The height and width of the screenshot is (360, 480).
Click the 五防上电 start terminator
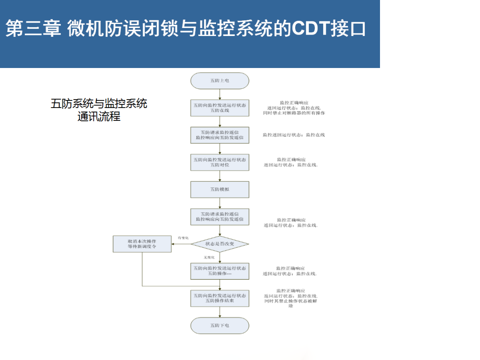point(220,81)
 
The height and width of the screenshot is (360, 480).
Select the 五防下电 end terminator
point(220,325)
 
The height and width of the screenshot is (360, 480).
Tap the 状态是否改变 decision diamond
point(220,244)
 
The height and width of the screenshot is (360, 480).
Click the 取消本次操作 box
point(142,244)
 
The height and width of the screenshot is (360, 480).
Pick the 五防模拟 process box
point(220,189)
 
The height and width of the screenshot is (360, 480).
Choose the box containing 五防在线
point(220,108)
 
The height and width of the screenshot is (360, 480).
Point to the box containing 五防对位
point(220,162)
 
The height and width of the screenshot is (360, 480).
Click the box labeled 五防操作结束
point(220,298)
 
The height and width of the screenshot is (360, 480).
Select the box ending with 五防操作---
point(220,271)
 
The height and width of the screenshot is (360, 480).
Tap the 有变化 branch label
point(183,238)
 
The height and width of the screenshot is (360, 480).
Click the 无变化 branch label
point(209,257)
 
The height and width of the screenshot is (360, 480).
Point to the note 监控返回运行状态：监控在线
point(293,135)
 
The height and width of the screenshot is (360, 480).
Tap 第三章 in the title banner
point(34,29)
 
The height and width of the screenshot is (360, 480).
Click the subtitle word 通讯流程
point(99,117)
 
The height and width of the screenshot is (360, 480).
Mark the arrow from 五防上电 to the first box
point(220,94)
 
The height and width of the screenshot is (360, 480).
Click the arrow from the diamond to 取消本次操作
point(181,244)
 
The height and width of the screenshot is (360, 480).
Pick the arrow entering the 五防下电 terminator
point(220,312)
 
